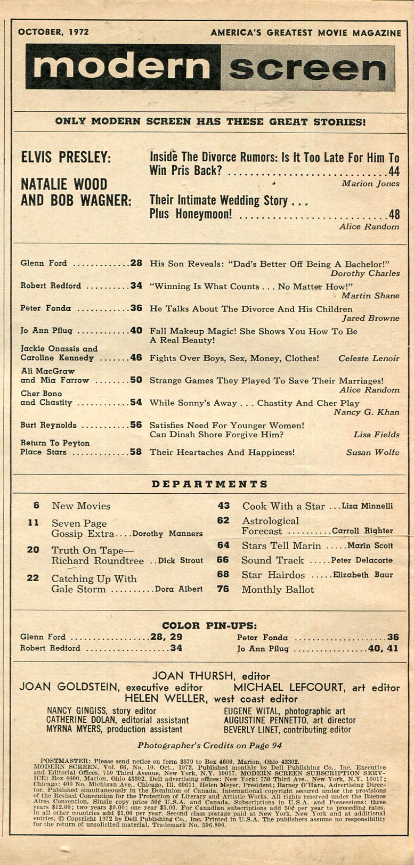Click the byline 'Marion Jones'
[x=370, y=184]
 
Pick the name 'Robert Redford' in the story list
[x=51, y=286]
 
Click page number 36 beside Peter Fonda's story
[x=136, y=308]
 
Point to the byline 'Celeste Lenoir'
[x=369, y=358]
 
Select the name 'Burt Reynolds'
[x=48, y=425]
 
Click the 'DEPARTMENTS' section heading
[x=209, y=484]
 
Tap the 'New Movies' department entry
[x=81, y=506]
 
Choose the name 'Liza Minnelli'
[x=367, y=506]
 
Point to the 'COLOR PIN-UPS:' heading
[x=209, y=625]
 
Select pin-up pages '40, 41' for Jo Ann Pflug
[x=381, y=649]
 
